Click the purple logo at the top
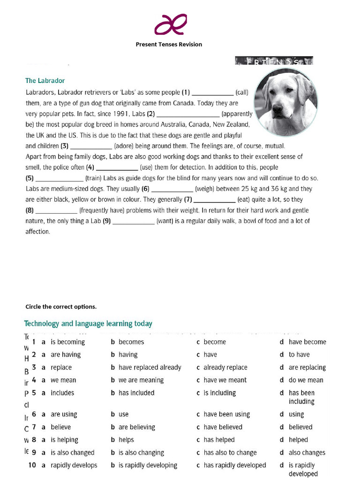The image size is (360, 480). pos(171,24)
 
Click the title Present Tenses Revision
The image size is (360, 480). pos(169,45)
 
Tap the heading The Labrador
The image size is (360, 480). pos(45,81)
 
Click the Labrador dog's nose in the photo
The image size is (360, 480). pos(277,109)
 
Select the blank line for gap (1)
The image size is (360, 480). pos(212,93)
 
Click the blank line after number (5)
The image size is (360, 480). pos(60,179)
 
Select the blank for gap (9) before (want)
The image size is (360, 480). pos(134,221)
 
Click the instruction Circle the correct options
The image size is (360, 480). pos(61,307)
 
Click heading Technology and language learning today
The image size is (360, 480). pos(88,324)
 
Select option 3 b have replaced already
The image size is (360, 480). pos(150,367)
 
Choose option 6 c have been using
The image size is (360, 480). pos(226,414)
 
